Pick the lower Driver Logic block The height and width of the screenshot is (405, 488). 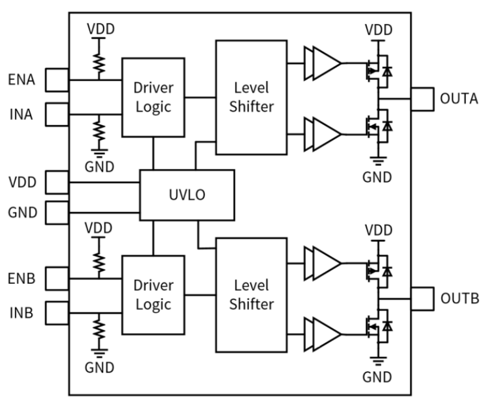pyautogui.click(x=153, y=294)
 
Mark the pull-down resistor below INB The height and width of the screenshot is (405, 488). pyautogui.click(x=99, y=327)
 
